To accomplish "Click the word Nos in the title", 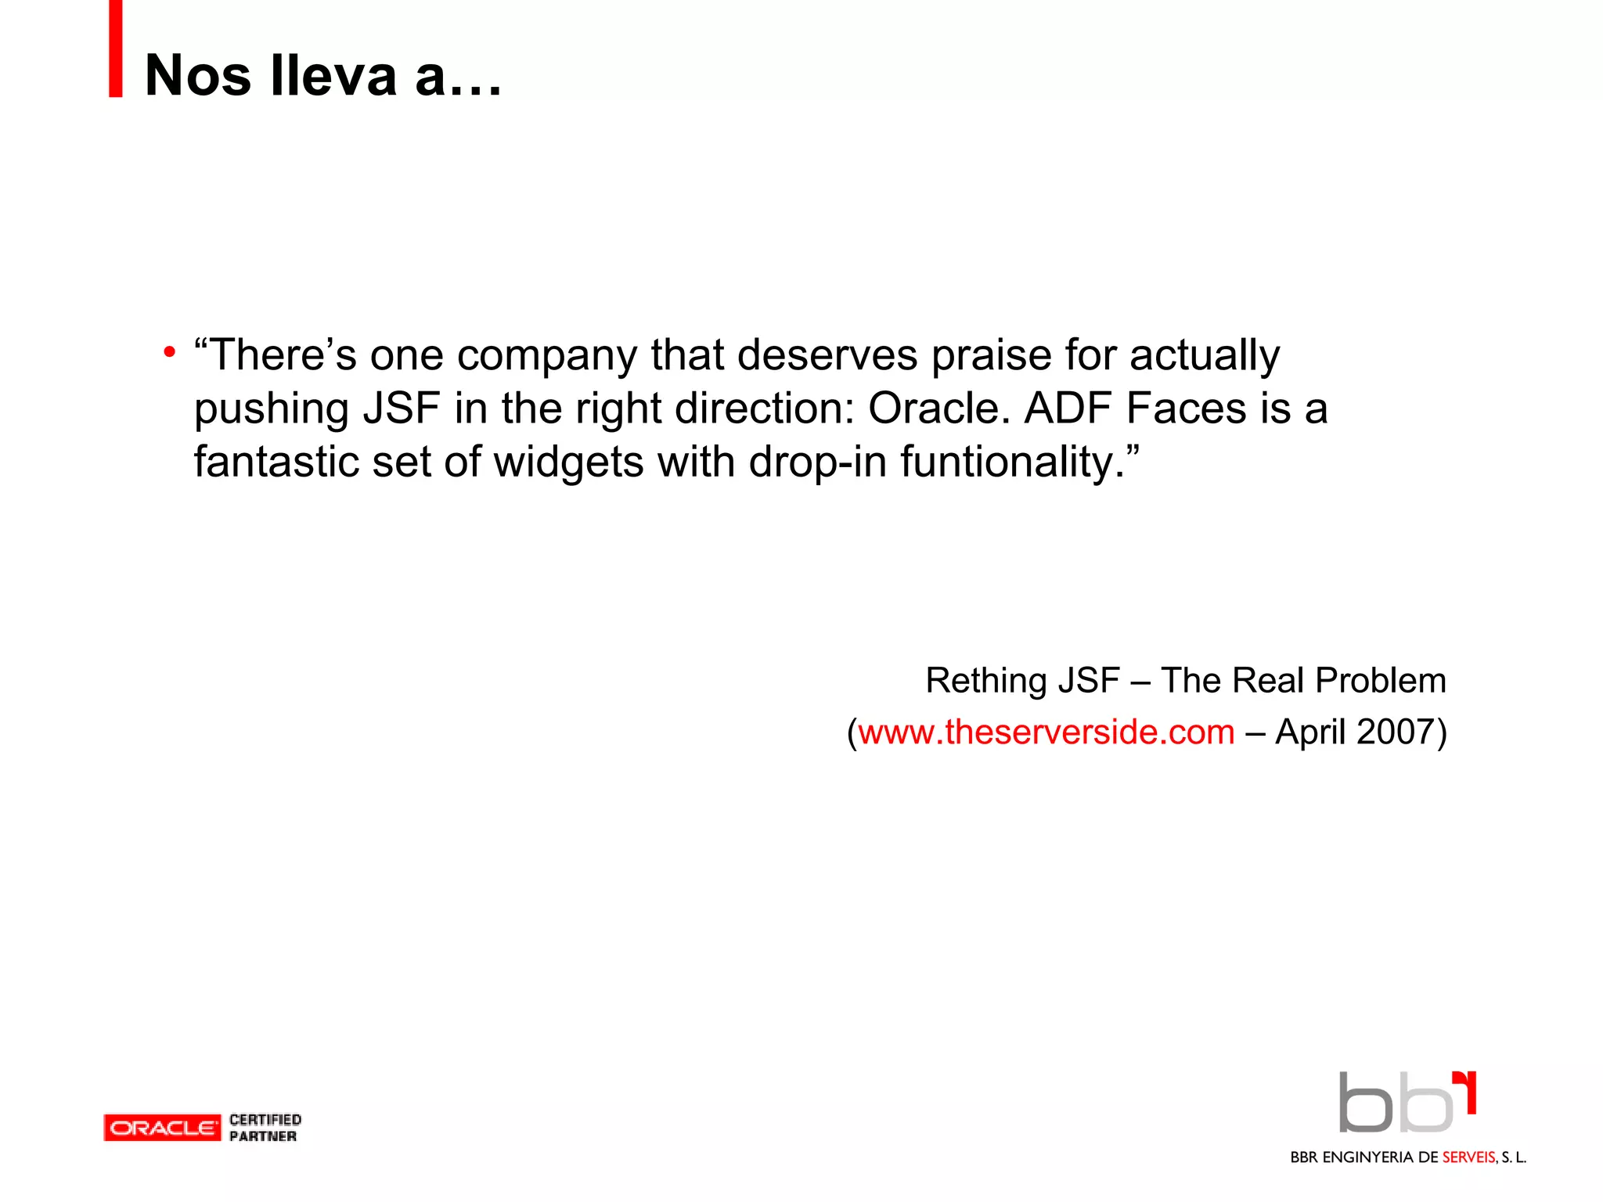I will point(198,76).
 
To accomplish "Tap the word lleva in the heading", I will point(333,76).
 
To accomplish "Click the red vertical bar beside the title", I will point(116,49).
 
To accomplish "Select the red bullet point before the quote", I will point(169,353).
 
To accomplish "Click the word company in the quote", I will point(546,357).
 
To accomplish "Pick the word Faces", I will point(1186,409).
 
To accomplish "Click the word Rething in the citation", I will point(985,681).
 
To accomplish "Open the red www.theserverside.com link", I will point(1046,732).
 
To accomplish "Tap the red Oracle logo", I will point(162,1128).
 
